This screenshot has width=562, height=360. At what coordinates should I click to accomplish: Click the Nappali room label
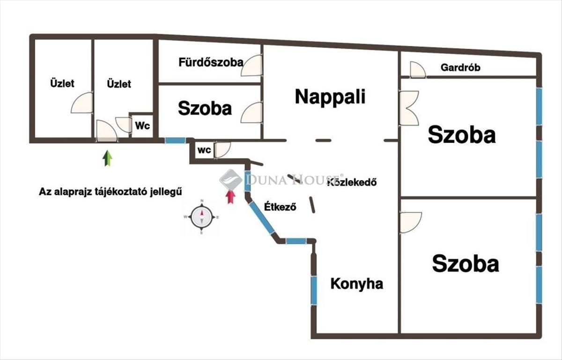(330, 97)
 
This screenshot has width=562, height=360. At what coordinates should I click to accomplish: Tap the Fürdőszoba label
(210, 62)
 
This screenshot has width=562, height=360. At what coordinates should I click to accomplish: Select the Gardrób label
(460, 67)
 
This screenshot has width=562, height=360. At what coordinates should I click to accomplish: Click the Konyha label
(356, 284)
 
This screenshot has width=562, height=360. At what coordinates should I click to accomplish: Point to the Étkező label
(280, 207)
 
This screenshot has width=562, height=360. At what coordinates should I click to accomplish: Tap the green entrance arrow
(108, 158)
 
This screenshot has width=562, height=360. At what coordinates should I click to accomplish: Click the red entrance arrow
(230, 196)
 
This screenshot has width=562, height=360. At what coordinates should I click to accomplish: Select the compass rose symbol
(202, 217)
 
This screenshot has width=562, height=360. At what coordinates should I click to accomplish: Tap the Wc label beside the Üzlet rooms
(142, 126)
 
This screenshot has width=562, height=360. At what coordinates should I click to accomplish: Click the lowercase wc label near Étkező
(204, 150)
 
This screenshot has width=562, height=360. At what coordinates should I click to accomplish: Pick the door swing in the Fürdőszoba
(251, 66)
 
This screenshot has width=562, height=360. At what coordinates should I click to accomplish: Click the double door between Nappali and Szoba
(408, 108)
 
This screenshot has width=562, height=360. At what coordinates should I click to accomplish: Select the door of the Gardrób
(417, 70)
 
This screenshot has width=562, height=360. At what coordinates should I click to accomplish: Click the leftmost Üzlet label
(62, 84)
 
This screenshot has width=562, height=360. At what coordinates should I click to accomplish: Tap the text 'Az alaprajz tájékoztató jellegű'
(110, 192)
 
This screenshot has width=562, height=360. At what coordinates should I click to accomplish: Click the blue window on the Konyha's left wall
(313, 290)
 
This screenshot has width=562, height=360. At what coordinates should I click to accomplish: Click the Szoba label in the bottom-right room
(465, 263)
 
